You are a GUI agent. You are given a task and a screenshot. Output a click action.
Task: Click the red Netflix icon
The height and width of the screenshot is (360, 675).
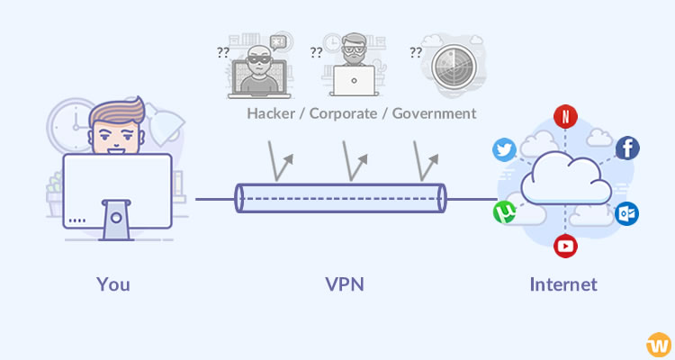pyautogui.click(x=565, y=116)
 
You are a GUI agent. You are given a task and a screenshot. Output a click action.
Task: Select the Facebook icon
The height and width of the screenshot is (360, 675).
pyautogui.click(x=627, y=148)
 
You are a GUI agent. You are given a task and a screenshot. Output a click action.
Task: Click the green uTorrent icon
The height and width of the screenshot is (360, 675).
pyautogui.click(x=504, y=213)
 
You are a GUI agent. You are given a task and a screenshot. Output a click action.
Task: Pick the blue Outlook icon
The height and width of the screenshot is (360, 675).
pyautogui.click(x=627, y=214)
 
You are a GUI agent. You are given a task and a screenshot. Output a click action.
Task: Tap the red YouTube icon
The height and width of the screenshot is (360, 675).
pyautogui.click(x=565, y=246)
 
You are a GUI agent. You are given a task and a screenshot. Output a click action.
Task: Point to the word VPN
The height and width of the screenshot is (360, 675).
pyautogui.click(x=345, y=285)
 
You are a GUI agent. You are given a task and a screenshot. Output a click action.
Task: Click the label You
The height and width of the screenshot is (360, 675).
pyautogui.click(x=113, y=285)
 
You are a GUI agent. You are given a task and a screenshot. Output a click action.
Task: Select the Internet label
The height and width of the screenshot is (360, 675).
pyautogui.click(x=563, y=285)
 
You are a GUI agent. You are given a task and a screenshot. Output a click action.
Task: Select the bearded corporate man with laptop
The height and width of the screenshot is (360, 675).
pyautogui.click(x=353, y=67)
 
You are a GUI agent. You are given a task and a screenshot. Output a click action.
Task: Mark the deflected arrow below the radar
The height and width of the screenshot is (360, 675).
pyautogui.click(x=427, y=165)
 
